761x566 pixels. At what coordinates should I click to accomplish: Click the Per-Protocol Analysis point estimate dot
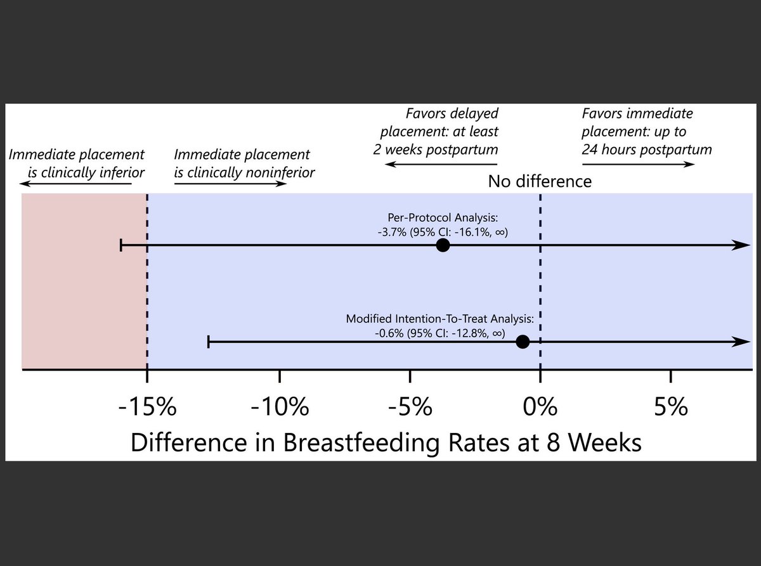tap(443, 245)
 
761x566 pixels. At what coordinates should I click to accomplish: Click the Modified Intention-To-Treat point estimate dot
tap(523, 342)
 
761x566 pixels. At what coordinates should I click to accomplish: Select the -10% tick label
tap(280, 406)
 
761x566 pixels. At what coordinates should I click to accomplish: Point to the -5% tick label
tap(410, 406)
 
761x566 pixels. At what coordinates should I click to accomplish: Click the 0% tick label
tap(540, 406)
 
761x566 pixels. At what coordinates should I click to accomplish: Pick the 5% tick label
tap(672, 406)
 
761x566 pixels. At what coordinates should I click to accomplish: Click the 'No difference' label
tap(540, 182)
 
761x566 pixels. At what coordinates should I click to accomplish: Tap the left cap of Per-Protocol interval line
tap(121, 245)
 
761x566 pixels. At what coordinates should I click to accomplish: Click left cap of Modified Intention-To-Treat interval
tap(209, 342)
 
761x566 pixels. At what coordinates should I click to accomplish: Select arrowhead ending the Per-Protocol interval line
tap(742, 245)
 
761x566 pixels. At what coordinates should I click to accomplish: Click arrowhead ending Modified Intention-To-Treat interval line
tap(742, 342)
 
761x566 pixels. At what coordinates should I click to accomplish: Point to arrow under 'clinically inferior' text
tap(75, 184)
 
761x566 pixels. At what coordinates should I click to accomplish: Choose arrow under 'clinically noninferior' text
tap(230, 184)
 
